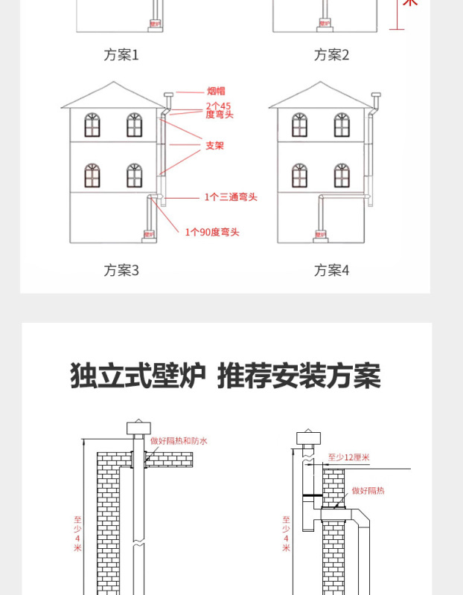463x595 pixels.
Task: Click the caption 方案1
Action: click(x=121, y=55)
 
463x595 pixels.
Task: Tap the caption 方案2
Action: click(x=331, y=55)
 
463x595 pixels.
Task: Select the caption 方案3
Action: click(x=121, y=270)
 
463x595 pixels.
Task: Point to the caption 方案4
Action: click(x=331, y=270)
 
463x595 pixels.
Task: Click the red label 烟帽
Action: click(x=216, y=91)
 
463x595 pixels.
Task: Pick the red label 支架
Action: click(x=214, y=145)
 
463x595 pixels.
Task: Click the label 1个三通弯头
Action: click(x=231, y=197)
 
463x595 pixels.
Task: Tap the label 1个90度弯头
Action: click(x=212, y=232)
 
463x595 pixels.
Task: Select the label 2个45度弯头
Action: click(x=219, y=110)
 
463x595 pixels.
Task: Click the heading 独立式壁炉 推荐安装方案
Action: click(x=226, y=376)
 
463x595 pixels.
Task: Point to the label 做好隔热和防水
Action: click(x=179, y=440)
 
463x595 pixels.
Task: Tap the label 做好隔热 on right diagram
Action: click(x=368, y=491)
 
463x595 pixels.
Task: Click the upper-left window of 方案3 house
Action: click(x=92, y=125)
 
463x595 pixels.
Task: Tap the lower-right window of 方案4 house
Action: click(x=342, y=176)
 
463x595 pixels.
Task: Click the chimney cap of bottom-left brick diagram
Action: click(x=138, y=427)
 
